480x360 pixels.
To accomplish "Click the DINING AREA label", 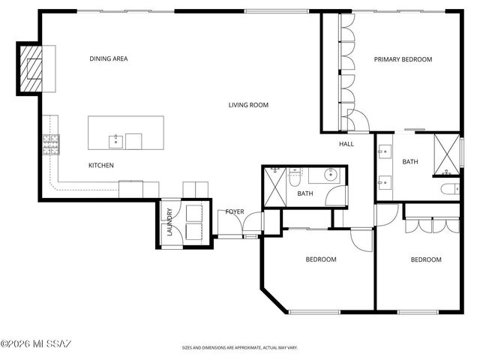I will tap(108, 58).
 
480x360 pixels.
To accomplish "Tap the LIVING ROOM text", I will tap(248, 105).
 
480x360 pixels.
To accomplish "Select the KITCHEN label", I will tap(101, 165).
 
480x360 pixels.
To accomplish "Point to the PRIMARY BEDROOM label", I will tap(403, 59).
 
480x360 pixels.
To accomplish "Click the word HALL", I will tap(346, 144).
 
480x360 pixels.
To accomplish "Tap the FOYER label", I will tap(235, 212).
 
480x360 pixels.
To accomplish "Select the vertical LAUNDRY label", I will tap(169, 223).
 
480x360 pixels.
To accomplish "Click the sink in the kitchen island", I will tap(115, 139).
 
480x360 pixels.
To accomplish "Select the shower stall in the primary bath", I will tap(447, 156).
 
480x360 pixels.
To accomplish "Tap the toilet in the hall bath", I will tap(295, 178).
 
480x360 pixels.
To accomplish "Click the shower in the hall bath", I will tap(274, 184).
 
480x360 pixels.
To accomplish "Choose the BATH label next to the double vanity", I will tap(409, 162).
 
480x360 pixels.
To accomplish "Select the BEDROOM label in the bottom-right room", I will tap(425, 259).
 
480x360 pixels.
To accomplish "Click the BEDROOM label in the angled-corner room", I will tap(320, 259).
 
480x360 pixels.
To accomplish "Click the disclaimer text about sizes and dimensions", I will tap(240, 348).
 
